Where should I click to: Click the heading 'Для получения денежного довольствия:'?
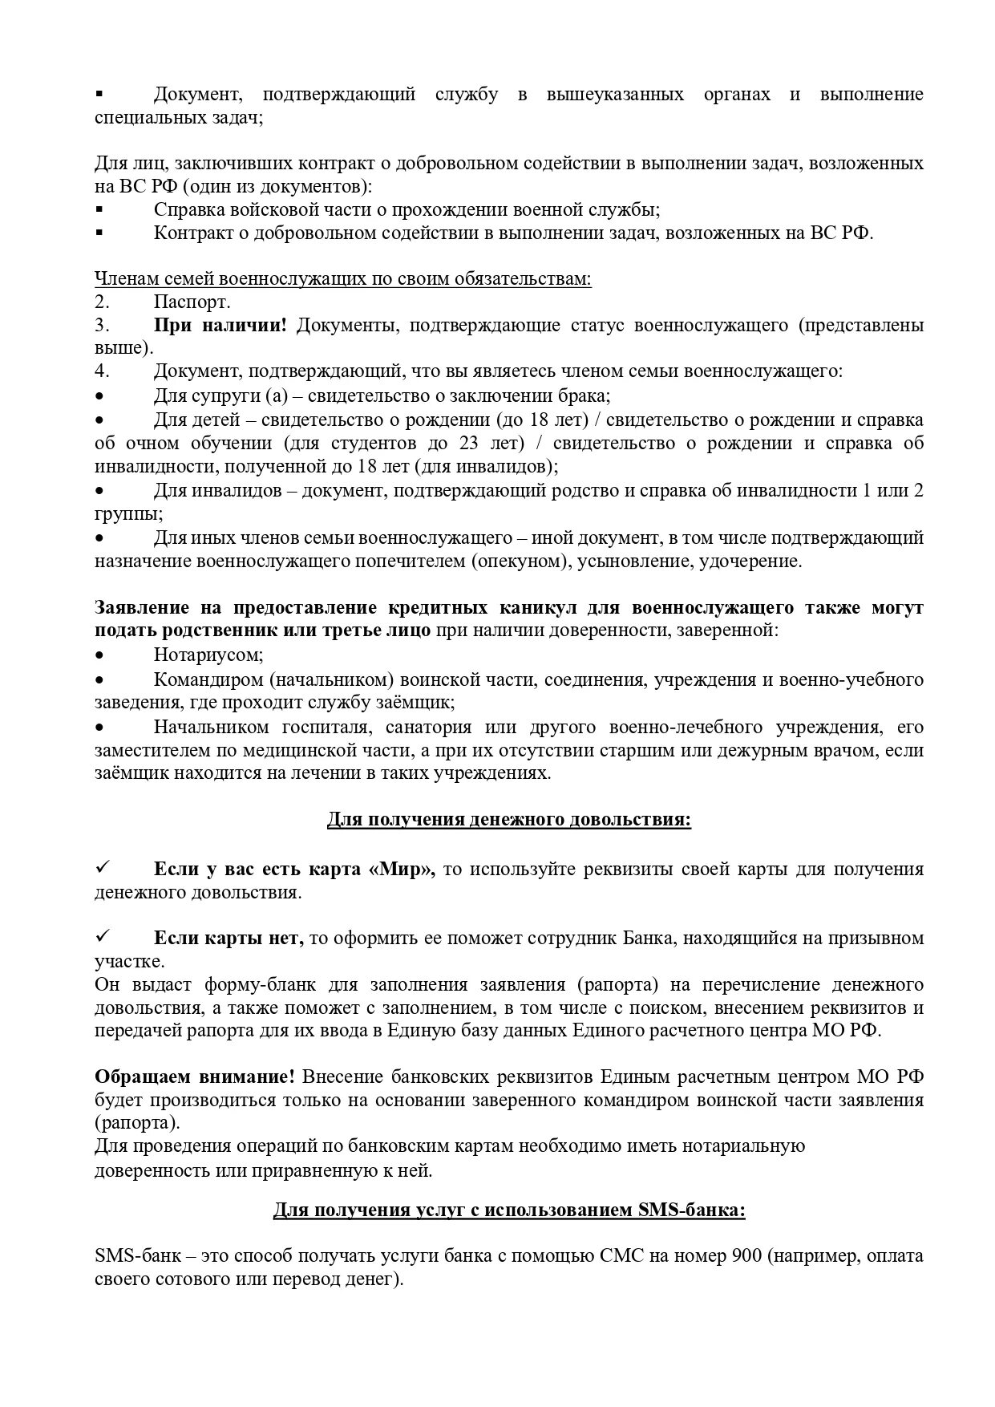tap(508, 820)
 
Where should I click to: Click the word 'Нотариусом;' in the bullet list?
tap(208, 655)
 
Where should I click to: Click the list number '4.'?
tap(102, 372)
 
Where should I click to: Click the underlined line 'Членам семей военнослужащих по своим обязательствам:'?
tap(343, 279)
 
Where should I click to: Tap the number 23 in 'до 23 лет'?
tap(469, 444)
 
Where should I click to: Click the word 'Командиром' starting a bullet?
tap(208, 679)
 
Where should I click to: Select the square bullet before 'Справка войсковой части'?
tap(99, 209)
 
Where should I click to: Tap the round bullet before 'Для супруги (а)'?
tap(99, 396)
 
